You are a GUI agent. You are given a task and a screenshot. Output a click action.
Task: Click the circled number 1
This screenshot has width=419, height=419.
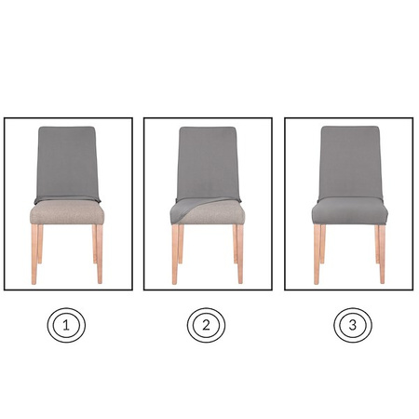(x=66, y=325)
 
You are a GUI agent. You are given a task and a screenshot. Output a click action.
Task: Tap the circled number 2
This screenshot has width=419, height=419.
(x=206, y=325)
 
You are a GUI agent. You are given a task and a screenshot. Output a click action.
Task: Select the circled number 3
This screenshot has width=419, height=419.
(x=353, y=325)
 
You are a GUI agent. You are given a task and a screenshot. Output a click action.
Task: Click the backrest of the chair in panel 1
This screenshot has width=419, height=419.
(x=67, y=163)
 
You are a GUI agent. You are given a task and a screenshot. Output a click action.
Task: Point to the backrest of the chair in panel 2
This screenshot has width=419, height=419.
(x=208, y=162)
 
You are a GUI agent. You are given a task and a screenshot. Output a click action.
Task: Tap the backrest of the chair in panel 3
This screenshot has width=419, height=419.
(x=350, y=162)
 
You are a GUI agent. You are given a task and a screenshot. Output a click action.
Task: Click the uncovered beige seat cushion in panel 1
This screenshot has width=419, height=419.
(x=67, y=213)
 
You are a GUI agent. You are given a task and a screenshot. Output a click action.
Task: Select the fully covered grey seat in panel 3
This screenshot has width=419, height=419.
(x=350, y=211)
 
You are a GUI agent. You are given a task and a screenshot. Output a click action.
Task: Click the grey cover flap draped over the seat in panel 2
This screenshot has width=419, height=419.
(x=186, y=208)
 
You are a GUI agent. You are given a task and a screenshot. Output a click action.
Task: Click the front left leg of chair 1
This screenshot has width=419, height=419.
(x=34, y=254)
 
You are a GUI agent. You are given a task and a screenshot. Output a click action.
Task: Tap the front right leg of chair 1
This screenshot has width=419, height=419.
(x=100, y=254)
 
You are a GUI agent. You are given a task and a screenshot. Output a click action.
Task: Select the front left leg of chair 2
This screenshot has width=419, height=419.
(x=175, y=254)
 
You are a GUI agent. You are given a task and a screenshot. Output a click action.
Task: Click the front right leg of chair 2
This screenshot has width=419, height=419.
(x=240, y=254)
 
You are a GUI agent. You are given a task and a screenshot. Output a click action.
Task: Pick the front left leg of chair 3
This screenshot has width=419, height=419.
(x=317, y=254)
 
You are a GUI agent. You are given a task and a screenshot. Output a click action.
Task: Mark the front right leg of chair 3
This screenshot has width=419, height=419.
(x=382, y=254)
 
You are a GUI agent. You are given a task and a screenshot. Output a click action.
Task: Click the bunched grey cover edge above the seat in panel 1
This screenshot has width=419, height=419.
(x=67, y=200)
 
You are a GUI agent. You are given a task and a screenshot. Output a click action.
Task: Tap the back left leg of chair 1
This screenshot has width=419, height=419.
(x=40, y=244)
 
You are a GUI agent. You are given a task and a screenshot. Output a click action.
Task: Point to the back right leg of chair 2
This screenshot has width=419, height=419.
(x=235, y=244)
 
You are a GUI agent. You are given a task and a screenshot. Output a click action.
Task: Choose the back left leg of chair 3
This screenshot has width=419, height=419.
(x=323, y=244)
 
